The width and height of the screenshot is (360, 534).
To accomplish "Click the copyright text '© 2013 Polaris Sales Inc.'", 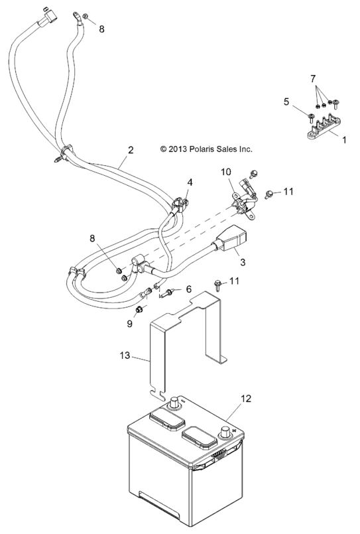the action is [x=206, y=149].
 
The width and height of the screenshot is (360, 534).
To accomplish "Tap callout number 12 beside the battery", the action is [x=246, y=398].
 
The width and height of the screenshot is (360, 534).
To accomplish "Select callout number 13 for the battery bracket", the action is [x=125, y=355].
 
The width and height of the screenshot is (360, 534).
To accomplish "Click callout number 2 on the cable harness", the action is [x=131, y=150].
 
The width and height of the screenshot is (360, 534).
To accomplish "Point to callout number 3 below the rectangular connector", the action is [x=242, y=262].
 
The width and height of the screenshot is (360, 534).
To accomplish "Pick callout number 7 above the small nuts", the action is [x=313, y=79].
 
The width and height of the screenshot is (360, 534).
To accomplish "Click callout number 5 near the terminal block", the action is [x=286, y=101].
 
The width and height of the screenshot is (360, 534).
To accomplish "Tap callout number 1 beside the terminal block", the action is [x=344, y=139].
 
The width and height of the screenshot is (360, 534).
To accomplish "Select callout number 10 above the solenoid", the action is [x=226, y=172].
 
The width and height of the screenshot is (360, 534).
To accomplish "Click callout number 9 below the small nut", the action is [x=129, y=324].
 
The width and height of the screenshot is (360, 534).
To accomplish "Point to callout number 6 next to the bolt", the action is [x=188, y=289].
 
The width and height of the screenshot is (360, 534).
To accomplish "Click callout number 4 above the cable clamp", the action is [x=190, y=182].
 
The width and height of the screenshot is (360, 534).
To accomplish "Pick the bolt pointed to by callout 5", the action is [x=311, y=118].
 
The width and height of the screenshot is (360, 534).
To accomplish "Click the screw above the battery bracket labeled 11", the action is [x=217, y=285].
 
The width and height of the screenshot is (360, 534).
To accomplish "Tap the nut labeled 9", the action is [x=139, y=310].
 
